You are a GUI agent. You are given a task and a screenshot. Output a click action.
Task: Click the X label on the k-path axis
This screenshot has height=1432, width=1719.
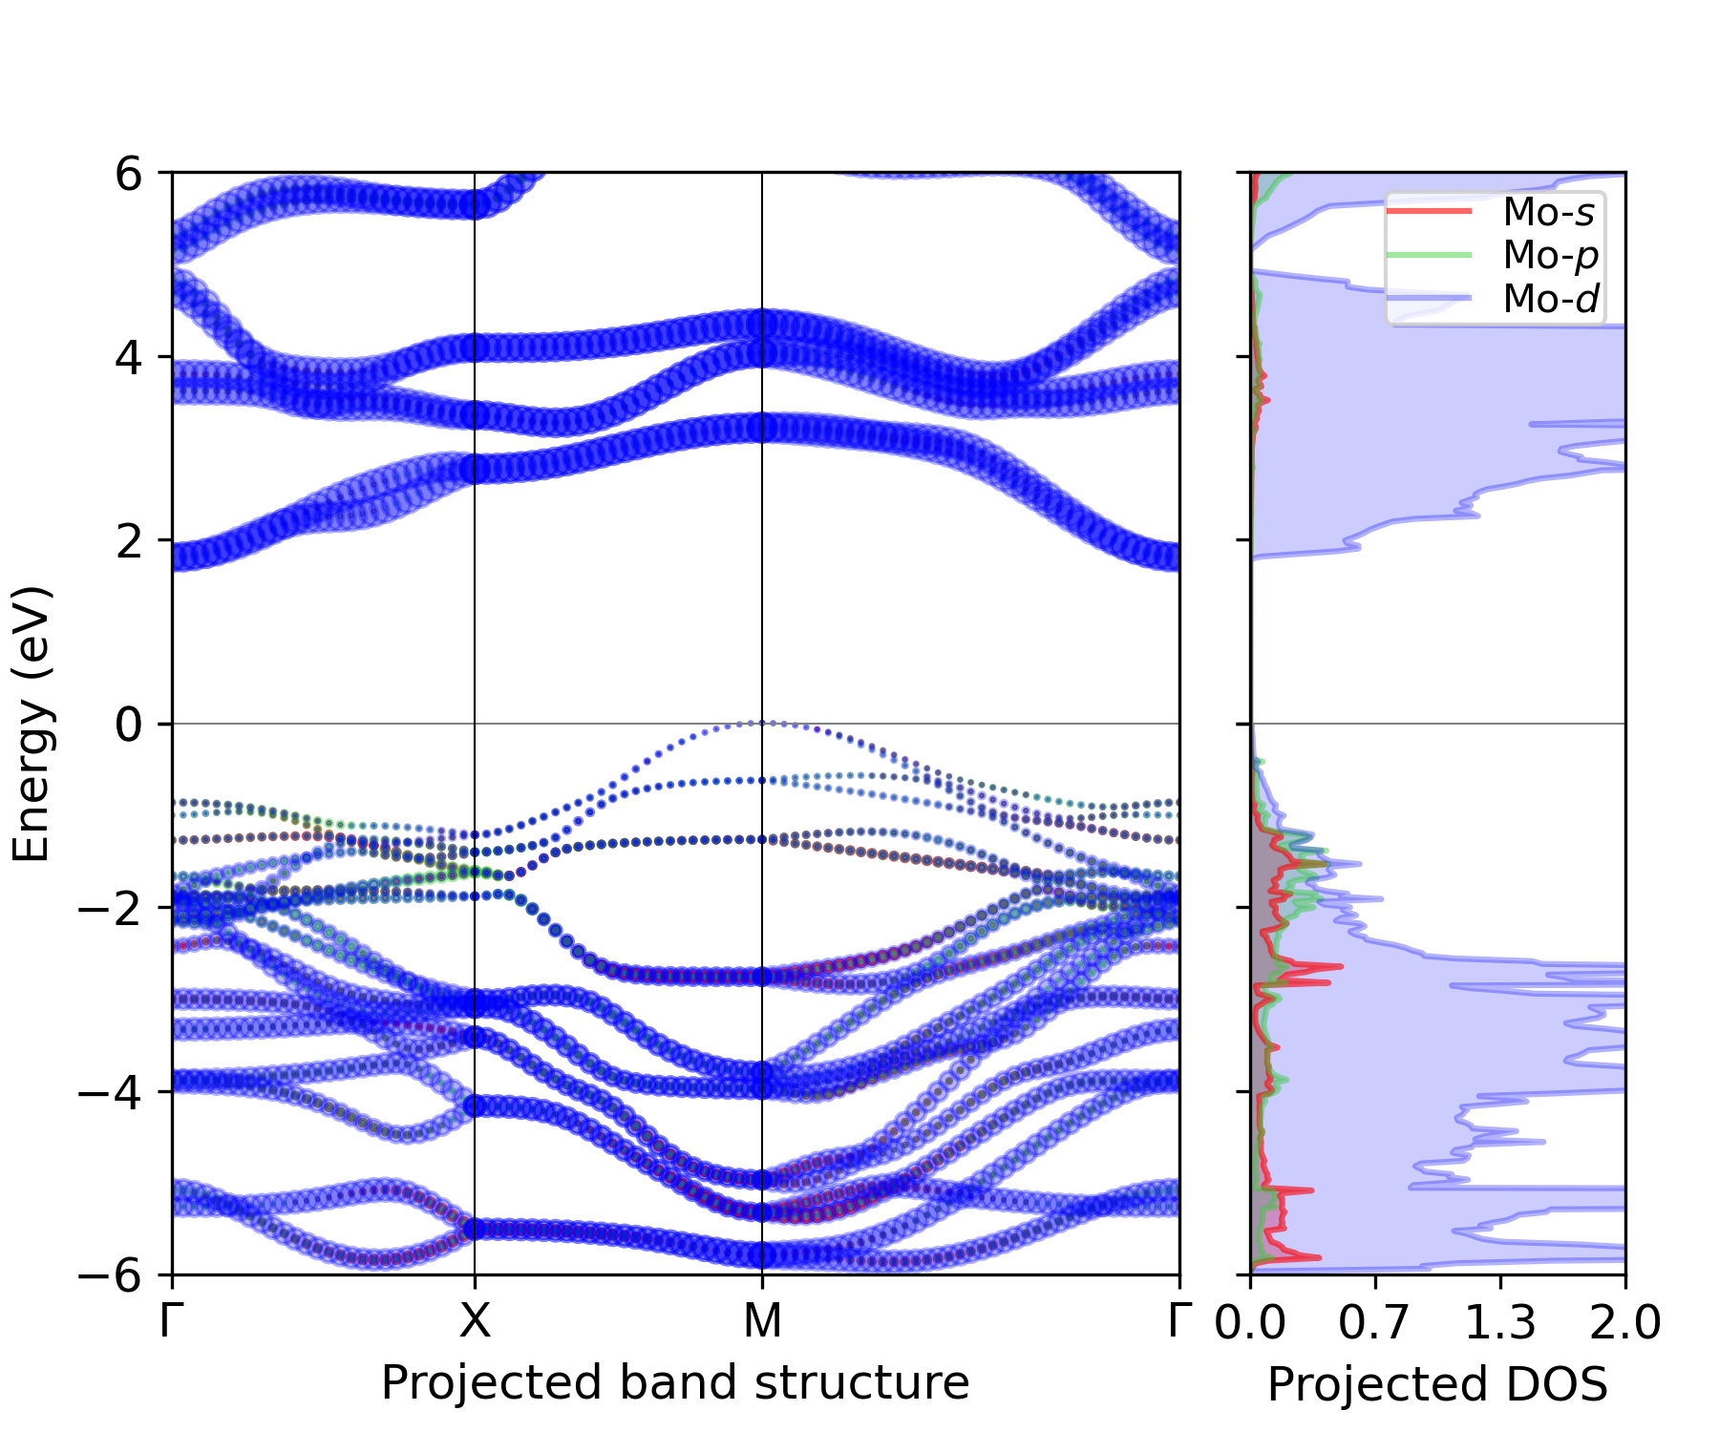475,1322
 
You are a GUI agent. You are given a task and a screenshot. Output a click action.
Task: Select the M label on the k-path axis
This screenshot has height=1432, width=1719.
762,1322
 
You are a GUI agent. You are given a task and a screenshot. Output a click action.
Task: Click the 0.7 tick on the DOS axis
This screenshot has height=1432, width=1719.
1373,1322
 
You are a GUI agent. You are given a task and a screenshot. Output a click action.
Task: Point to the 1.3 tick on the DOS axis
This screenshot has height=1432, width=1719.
1499,1322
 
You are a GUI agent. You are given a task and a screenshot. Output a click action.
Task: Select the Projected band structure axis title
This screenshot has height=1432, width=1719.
675,1382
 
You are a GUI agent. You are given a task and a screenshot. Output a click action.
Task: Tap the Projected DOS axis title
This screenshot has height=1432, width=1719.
1437,1384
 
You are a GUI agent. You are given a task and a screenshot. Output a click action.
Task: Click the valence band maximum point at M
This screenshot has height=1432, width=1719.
762,723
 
